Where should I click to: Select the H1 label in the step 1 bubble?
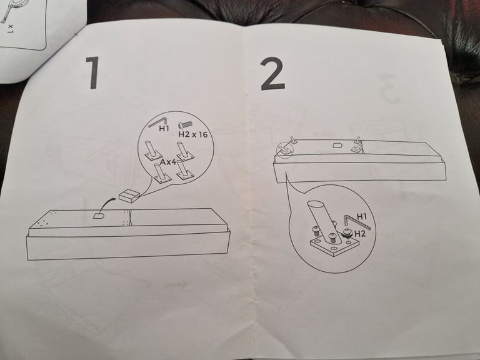click(164, 129)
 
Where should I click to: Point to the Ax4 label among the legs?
click(168, 161)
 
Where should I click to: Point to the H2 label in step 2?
click(359, 232)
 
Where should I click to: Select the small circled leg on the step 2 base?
click(286, 149)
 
